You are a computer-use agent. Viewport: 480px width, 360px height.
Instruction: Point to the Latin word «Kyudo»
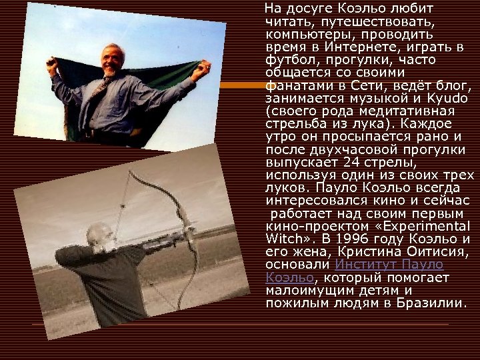click(x=428, y=98)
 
